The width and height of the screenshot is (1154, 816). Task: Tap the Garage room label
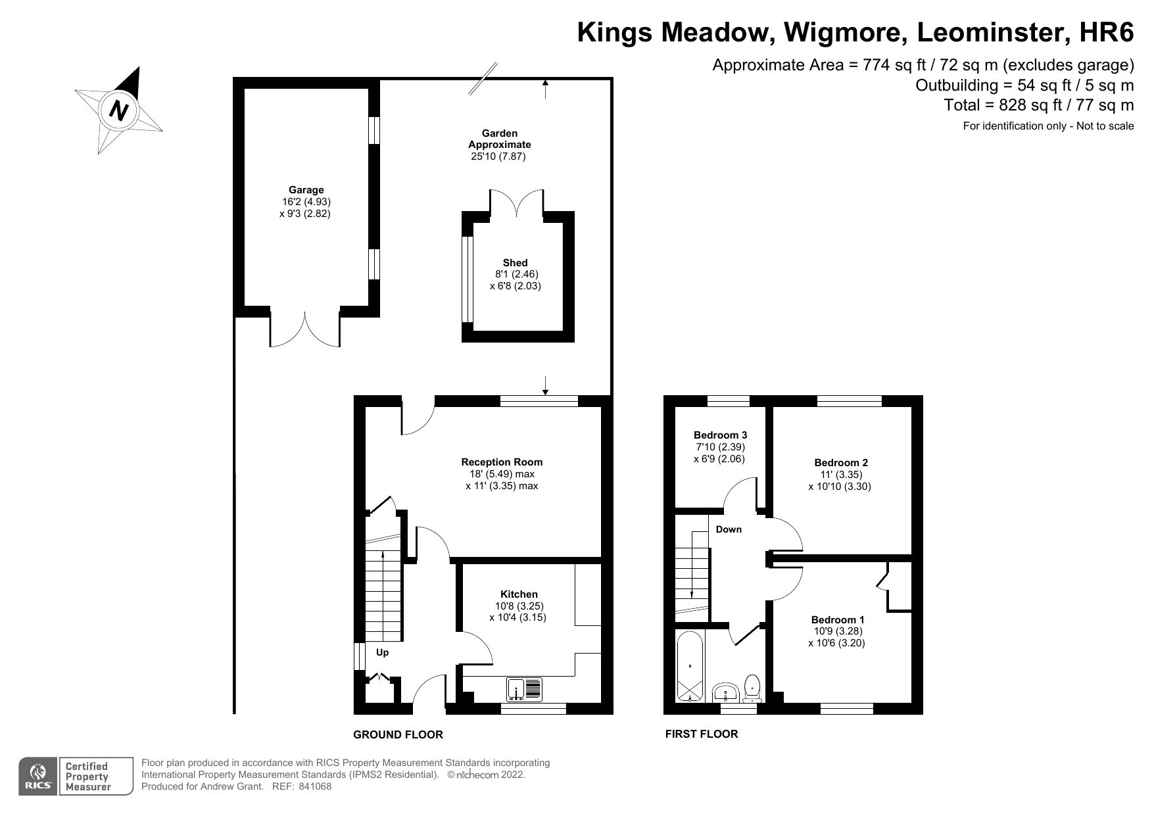(306, 190)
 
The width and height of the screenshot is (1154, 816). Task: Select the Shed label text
(515, 262)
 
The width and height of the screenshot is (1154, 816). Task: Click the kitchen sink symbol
(524, 689)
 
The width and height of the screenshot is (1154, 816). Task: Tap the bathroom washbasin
(726, 693)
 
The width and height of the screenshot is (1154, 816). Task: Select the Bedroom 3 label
(720, 435)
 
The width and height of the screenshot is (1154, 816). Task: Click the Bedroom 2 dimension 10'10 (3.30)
(840, 487)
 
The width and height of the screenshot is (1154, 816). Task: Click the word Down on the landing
(729, 529)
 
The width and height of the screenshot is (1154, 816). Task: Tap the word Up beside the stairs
(382, 652)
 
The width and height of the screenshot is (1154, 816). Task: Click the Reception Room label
(502, 462)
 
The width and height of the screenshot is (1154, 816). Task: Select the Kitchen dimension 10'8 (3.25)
(518, 606)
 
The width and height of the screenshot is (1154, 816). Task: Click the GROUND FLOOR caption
(398, 734)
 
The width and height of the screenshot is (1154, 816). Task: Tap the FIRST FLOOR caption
(701, 734)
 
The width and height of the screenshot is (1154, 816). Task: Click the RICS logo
(37, 776)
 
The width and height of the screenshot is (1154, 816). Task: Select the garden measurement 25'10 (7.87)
(498, 156)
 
